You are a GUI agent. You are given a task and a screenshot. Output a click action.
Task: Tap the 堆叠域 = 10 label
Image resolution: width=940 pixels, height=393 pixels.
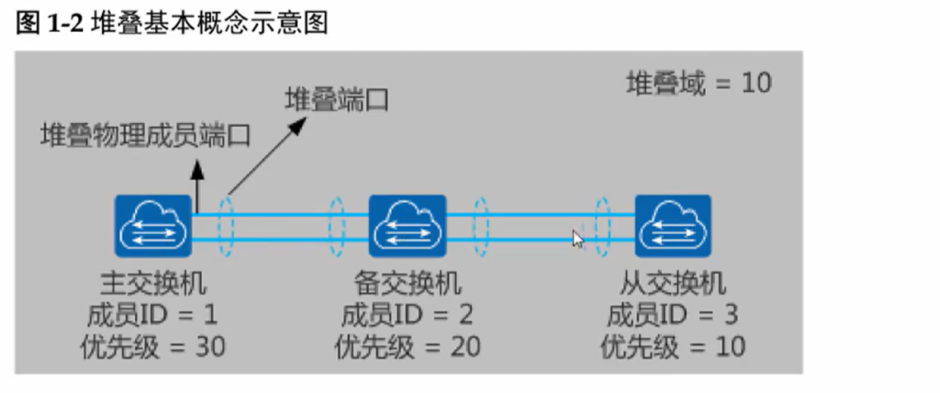tap(699, 83)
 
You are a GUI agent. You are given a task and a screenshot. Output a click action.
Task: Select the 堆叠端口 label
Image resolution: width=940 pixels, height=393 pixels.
tap(336, 99)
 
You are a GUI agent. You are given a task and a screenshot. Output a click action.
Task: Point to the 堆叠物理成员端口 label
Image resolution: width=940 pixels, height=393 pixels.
tap(145, 136)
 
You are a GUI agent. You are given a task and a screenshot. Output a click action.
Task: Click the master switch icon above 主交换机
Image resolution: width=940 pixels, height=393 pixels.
tap(153, 226)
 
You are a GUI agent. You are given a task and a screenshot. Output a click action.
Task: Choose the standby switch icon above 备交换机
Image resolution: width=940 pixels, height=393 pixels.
tap(408, 226)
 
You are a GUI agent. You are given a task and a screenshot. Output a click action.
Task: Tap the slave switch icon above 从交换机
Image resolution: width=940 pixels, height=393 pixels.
tap(673, 226)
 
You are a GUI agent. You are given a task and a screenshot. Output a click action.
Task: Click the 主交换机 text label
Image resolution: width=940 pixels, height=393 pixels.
tap(153, 283)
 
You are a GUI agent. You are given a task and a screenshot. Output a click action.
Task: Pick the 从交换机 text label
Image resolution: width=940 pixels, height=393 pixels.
tap(673, 283)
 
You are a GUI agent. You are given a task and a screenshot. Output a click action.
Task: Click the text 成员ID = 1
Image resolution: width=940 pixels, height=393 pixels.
tap(152, 314)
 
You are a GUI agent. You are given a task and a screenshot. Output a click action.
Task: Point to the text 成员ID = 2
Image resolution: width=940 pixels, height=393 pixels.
tap(407, 314)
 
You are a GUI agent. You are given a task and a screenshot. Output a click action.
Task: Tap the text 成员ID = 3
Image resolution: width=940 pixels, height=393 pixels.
tap(673, 314)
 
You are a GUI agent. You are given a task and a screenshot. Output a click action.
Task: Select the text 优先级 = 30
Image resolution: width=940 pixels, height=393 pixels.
tap(153, 347)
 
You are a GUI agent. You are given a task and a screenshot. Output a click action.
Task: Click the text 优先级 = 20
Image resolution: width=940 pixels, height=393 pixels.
tap(408, 347)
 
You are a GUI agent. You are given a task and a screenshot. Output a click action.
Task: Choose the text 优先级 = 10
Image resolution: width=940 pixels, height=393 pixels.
tap(673, 347)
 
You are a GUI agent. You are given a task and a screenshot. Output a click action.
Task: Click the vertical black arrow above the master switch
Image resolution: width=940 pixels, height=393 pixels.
tap(196, 186)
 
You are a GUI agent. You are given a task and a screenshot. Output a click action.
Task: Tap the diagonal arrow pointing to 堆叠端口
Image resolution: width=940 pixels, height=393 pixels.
tap(267, 156)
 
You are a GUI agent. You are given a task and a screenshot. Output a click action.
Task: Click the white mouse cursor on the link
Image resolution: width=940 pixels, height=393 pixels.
tap(578, 239)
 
